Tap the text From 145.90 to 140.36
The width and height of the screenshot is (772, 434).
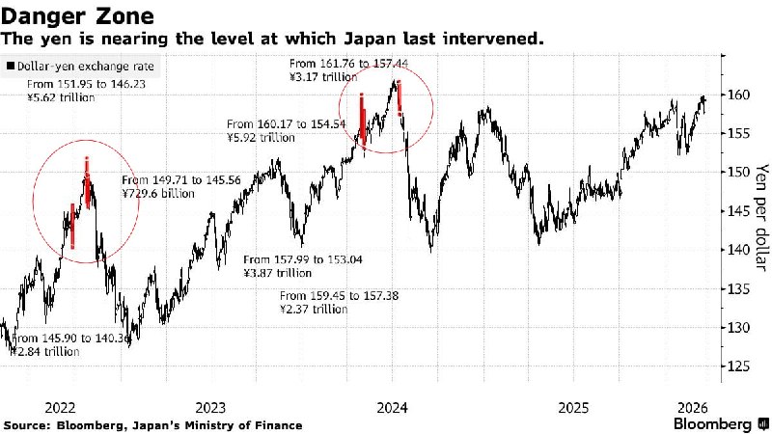66,338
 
